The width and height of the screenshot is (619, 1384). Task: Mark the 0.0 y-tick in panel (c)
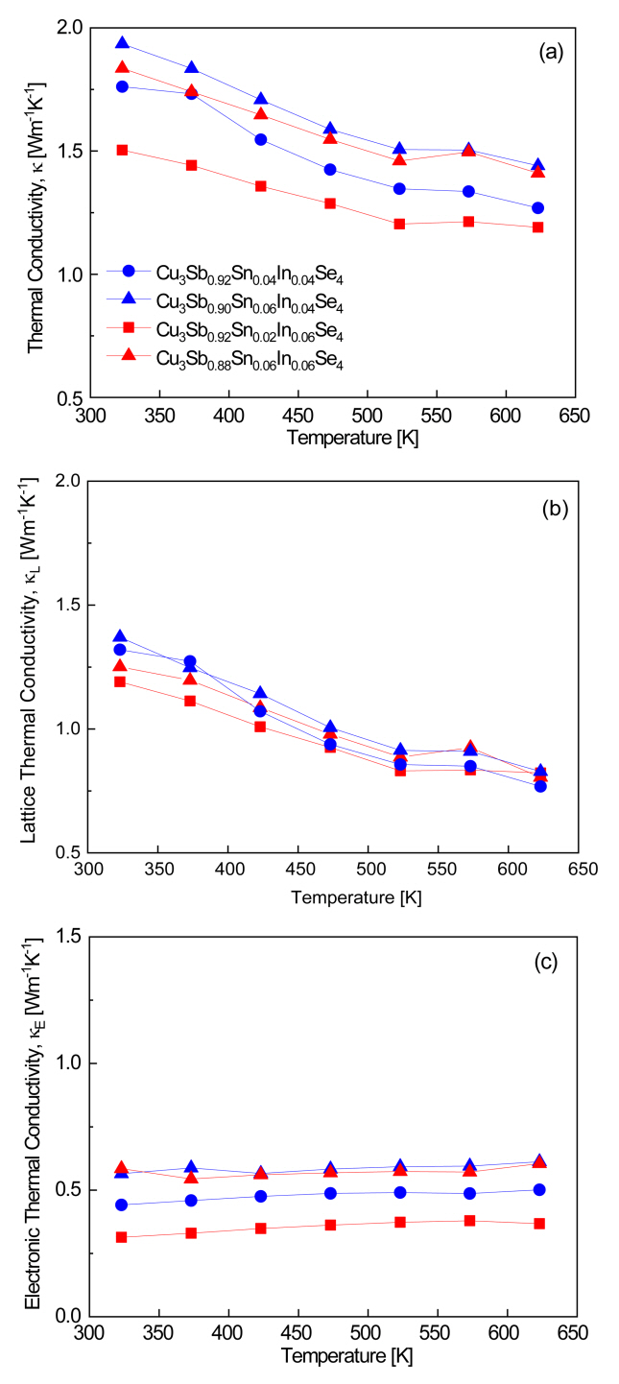click(68, 1316)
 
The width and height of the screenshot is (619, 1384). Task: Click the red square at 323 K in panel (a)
click(122, 150)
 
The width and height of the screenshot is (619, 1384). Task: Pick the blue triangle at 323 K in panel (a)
click(122, 43)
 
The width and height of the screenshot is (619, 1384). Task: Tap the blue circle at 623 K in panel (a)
click(537, 207)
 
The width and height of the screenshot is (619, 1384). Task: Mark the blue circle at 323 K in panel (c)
click(122, 1205)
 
